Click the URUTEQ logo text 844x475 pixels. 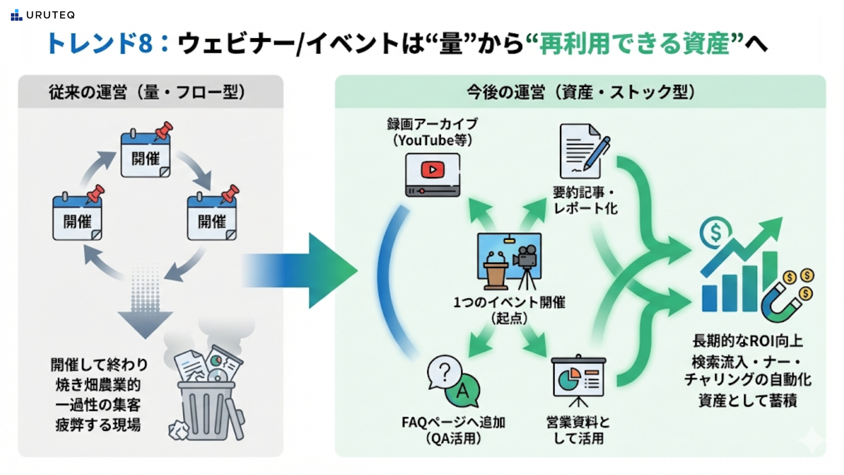click(x=50, y=15)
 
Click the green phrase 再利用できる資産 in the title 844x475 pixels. click(x=634, y=44)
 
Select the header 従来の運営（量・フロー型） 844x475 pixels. click(x=147, y=92)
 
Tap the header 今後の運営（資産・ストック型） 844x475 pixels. click(x=580, y=92)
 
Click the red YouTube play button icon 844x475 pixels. click(x=433, y=170)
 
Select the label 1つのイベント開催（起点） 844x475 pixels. click(x=509, y=310)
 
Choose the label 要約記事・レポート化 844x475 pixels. click(x=585, y=200)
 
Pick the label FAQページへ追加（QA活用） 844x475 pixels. click(x=453, y=430)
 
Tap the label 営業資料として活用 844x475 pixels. click(x=578, y=430)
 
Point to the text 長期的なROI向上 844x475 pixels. click(x=747, y=341)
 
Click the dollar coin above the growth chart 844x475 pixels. click(x=715, y=232)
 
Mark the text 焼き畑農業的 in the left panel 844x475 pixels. click(x=98, y=385)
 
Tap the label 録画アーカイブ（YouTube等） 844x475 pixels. click(x=432, y=132)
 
